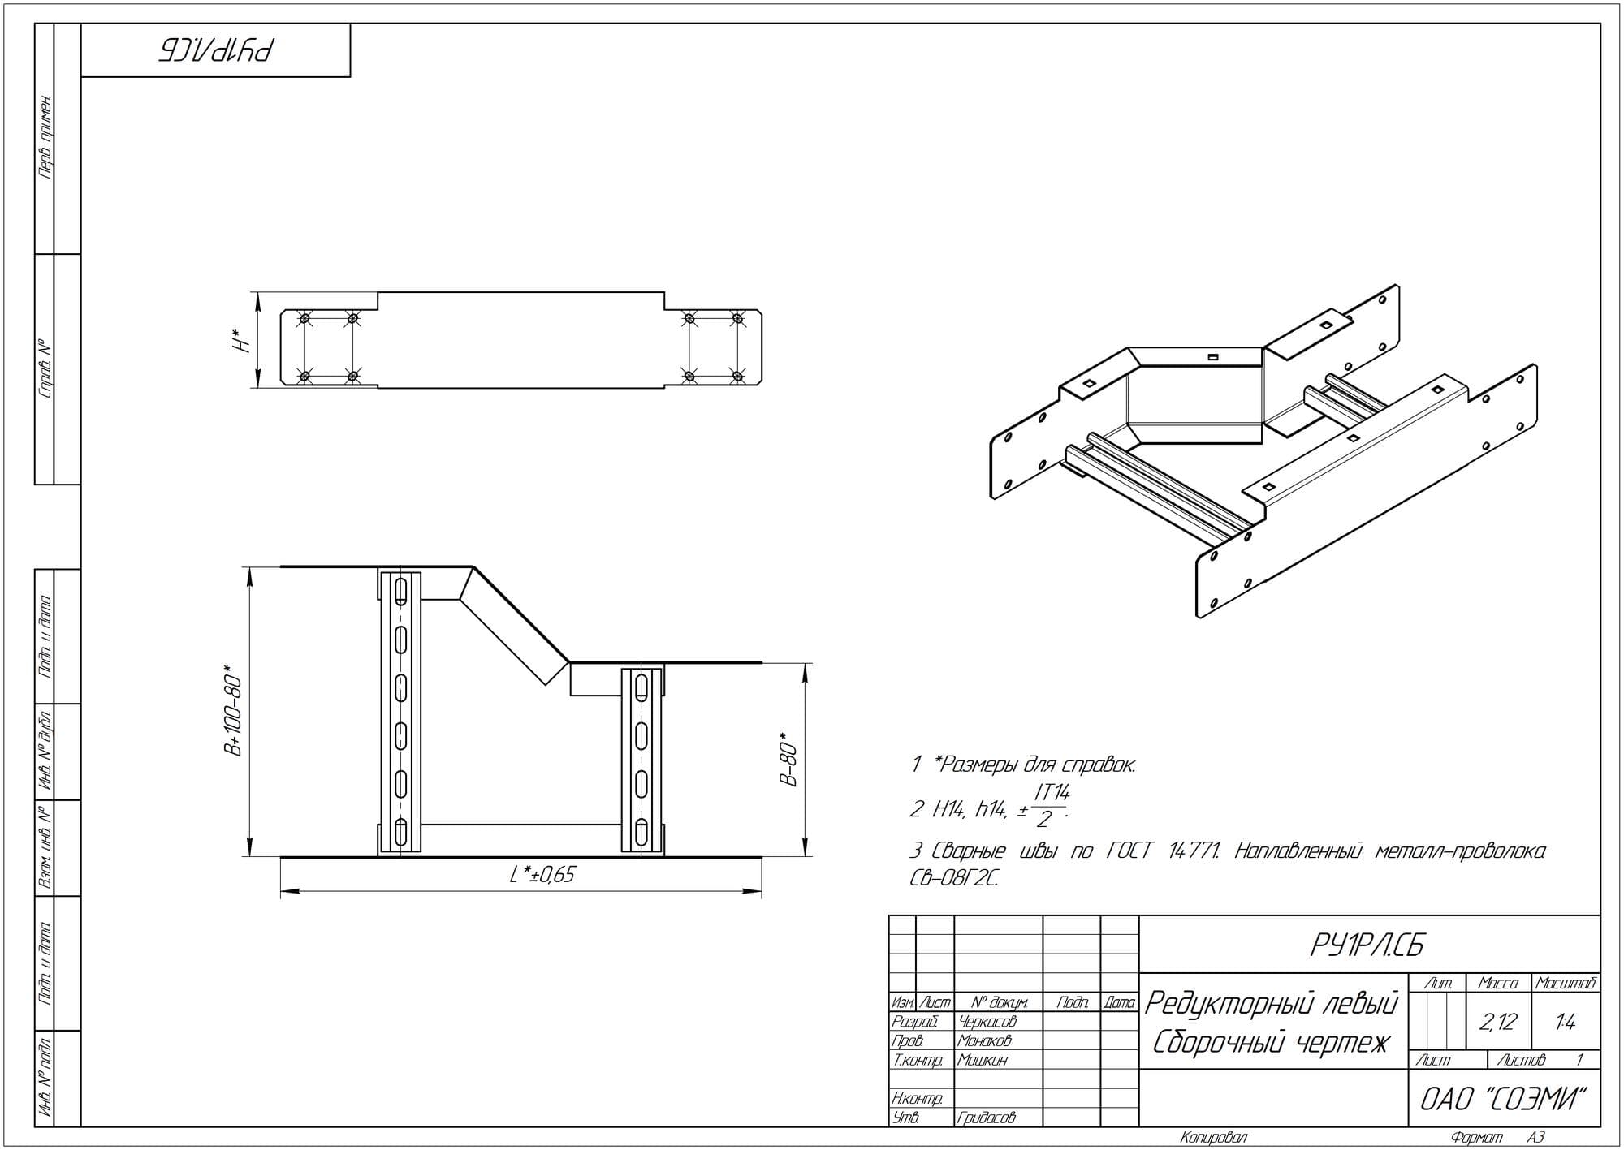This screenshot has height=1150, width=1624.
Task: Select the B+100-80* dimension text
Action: (x=234, y=712)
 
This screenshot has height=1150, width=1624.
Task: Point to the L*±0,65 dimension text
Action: (x=542, y=874)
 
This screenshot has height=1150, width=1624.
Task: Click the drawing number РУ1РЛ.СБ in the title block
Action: (x=1367, y=945)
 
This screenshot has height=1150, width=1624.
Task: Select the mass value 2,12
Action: (x=1498, y=1022)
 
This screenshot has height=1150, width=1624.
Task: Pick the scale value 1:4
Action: (x=1566, y=1023)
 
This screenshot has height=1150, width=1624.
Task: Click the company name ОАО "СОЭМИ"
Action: (x=1503, y=1099)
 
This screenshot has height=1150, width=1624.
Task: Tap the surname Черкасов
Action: (x=987, y=1022)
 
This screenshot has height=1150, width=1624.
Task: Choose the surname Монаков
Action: (x=984, y=1040)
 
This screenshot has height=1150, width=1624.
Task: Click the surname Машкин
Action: (x=983, y=1060)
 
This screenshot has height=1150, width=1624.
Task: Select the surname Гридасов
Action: (x=987, y=1118)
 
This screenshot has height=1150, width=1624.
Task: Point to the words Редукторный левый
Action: (x=1272, y=1005)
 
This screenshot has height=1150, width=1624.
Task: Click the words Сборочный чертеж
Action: (x=1272, y=1043)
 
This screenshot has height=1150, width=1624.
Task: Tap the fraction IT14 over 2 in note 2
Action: (x=1049, y=805)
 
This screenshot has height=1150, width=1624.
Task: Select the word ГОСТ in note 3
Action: (x=1129, y=851)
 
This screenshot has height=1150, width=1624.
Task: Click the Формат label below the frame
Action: (x=1477, y=1138)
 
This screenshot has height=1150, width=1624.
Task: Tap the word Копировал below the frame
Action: (x=1214, y=1138)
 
